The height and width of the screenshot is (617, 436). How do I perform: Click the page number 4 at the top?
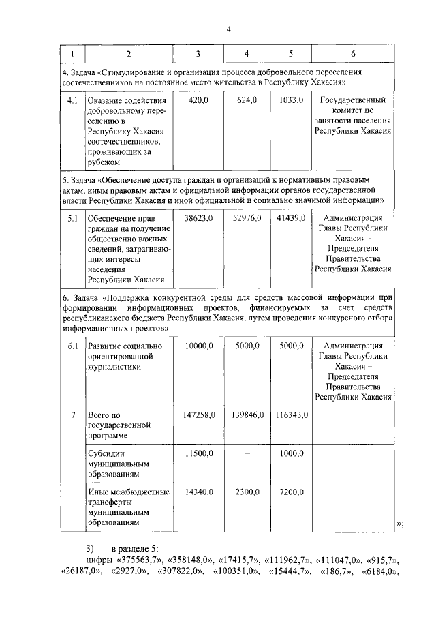coord(229,29)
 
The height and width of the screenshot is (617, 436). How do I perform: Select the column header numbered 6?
coord(352,53)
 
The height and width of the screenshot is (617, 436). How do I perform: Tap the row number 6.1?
coord(70,346)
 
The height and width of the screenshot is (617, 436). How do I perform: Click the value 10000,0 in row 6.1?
coord(200,346)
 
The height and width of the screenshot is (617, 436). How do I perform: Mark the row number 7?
coord(72,415)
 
